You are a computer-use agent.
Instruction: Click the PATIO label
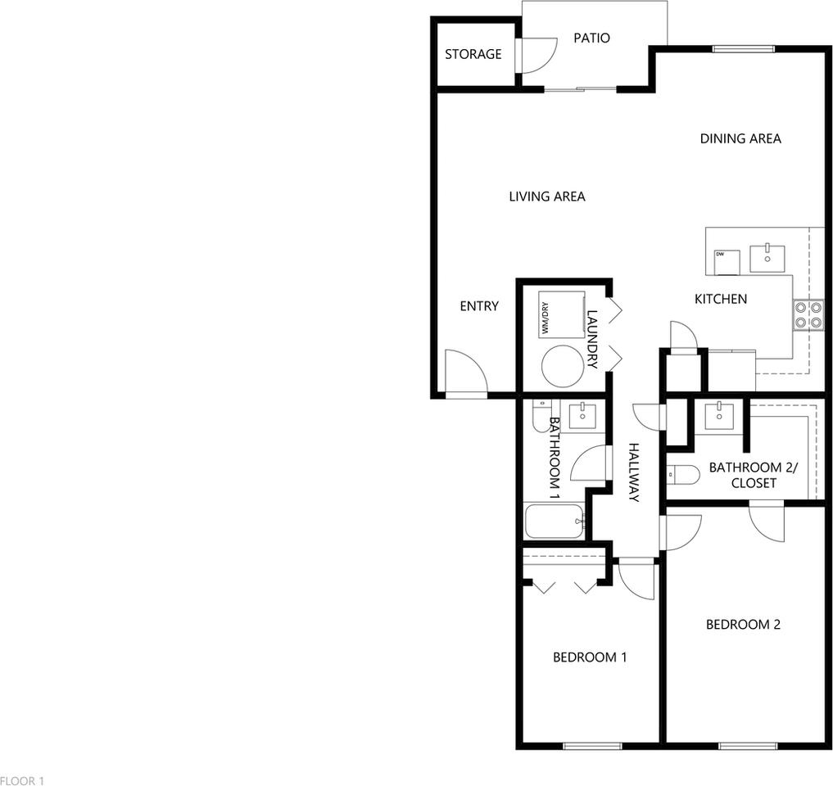click(x=591, y=38)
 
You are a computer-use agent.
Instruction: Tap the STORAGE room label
click(x=473, y=54)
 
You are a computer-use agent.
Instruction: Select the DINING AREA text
click(x=740, y=138)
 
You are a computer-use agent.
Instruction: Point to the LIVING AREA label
click(x=547, y=196)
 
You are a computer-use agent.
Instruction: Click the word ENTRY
click(x=479, y=306)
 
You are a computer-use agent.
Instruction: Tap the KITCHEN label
click(x=721, y=299)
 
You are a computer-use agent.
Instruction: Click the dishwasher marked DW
click(x=727, y=261)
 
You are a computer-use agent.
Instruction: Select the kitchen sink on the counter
click(x=767, y=257)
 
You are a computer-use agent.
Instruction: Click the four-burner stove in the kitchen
click(x=808, y=314)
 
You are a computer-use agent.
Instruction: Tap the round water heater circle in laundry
click(x=562, y=366)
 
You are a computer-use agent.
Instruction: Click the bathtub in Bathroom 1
click(x=555, y=522)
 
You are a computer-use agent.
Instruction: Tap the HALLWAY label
click(x=633, y=472)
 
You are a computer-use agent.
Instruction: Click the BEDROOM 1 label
click(x=590, y=657)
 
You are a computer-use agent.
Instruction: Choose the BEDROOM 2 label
click(x=743, y=625)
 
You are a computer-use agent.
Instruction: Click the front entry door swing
click(x=464, y=373)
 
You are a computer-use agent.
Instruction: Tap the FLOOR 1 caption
click(x=22, y=780)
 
